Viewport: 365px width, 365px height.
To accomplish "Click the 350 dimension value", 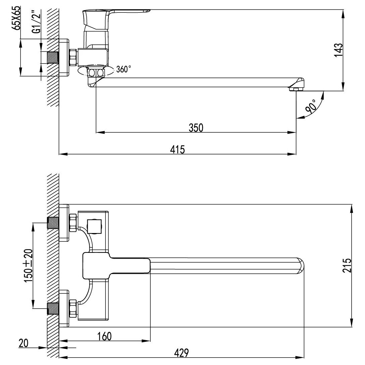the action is [196, 128].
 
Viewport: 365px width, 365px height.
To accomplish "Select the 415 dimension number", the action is [177, 149].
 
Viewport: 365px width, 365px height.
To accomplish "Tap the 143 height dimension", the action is [338, 50].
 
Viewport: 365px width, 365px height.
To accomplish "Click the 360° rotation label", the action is [123, 69].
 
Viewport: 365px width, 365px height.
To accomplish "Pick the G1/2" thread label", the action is [37, 23].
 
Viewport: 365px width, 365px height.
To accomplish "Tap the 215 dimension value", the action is [347, 265].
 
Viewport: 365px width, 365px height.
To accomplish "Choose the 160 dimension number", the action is [104, 336].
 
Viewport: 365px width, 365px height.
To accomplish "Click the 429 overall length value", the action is [181, 353].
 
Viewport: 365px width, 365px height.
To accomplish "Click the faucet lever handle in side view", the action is [117, 19].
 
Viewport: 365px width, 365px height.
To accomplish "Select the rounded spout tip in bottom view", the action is [300, 266].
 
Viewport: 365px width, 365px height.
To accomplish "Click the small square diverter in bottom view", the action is [94, 226].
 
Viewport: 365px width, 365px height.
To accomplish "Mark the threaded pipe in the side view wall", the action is [53, 57].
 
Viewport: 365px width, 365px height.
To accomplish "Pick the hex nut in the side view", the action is [73, 57].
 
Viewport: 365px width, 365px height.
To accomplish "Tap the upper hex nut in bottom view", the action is [73, 223].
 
